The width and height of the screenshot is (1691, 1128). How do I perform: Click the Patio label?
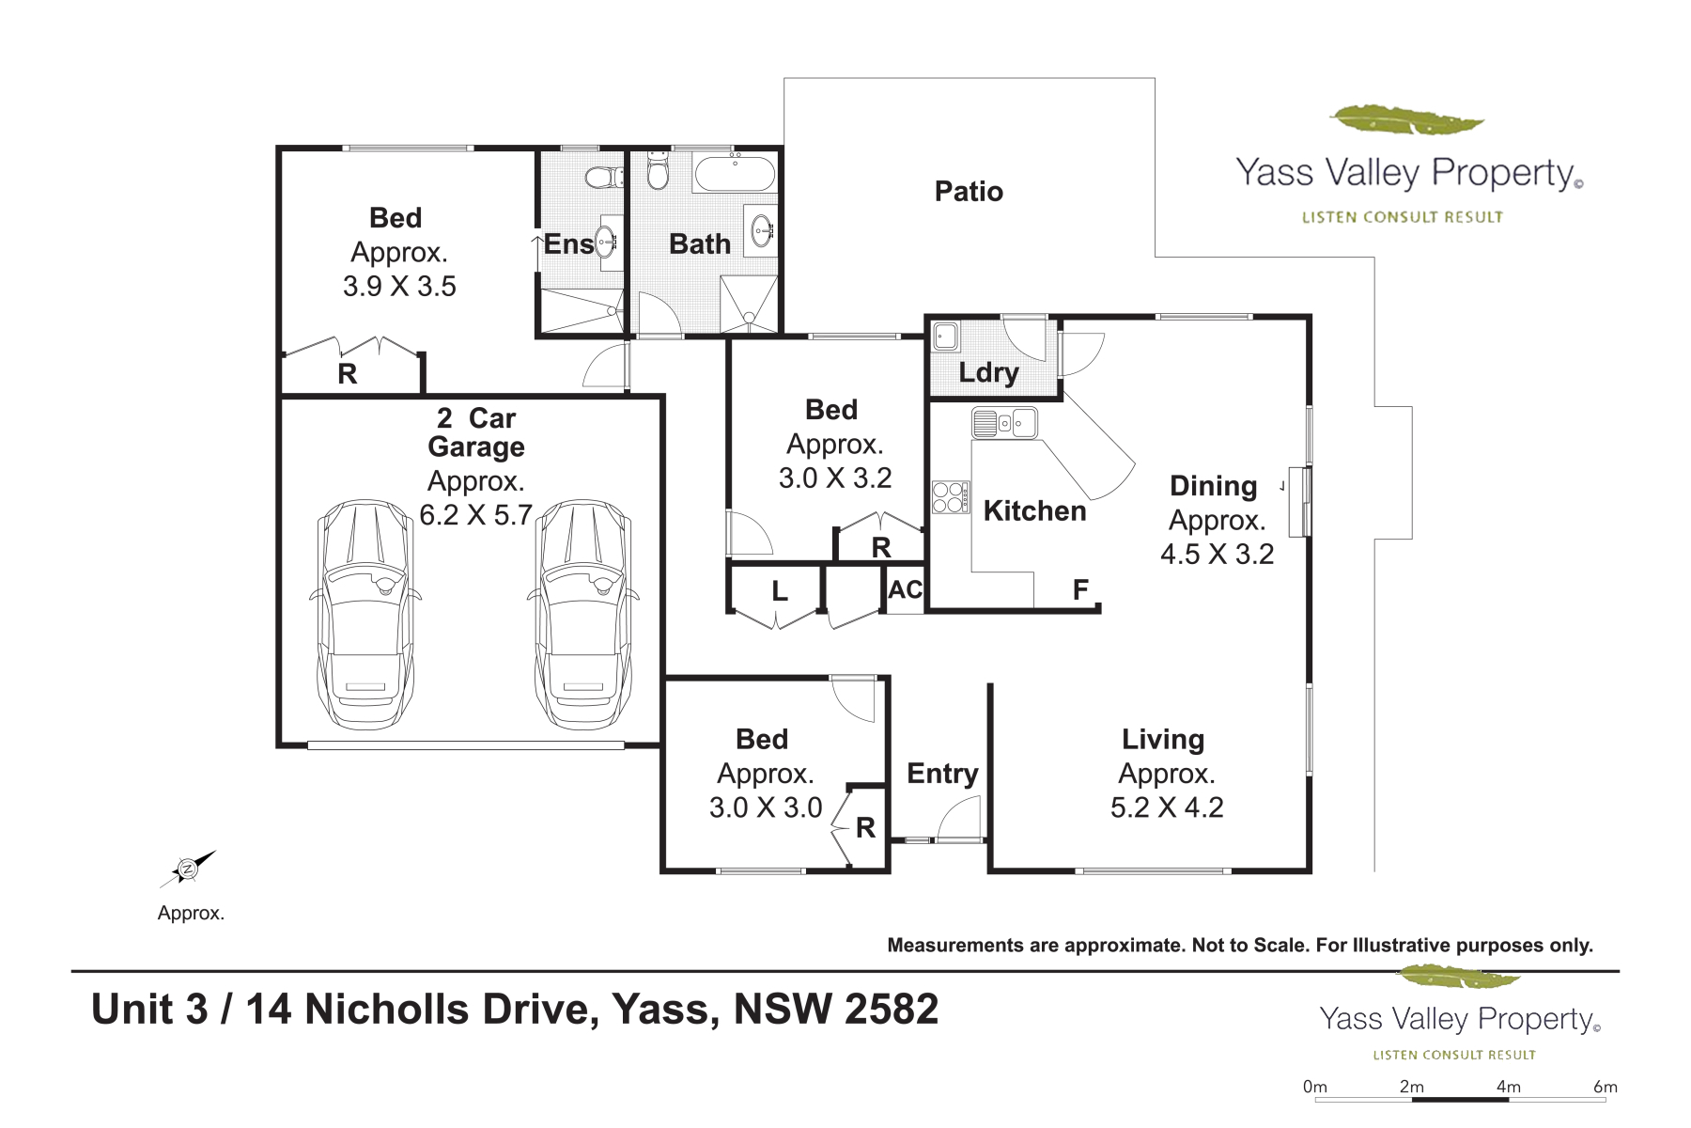(x=969, y=192)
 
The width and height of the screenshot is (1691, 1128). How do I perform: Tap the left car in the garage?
(x=365, y=615)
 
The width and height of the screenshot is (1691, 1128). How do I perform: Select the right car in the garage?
(x=583, y=615)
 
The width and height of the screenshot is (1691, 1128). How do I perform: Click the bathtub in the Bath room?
(x=735, y=174)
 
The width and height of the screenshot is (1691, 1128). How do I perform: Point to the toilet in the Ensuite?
(x=603, y=177)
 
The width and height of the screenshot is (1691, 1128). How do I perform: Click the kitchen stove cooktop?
(x=951, y=496)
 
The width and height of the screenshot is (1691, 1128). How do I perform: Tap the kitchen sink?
(x=1004, y=423)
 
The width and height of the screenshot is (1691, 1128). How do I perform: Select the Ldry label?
(x=988, y=373)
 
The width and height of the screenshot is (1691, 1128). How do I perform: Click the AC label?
(x=906, y=589)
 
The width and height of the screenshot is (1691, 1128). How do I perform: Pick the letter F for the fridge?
(x=1080, y=589)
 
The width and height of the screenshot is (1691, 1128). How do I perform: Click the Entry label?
(x=942, y=774)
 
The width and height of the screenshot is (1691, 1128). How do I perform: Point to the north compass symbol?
(x=188, y=869)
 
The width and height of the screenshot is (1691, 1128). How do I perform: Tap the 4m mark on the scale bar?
(x=1509, y=1087)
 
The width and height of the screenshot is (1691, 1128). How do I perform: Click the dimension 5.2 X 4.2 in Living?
(x=1167, y=807)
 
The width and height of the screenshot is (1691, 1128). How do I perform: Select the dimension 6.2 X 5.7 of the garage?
(x=475, y=515)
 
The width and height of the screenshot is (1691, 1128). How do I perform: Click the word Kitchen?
(x=1034, y=511)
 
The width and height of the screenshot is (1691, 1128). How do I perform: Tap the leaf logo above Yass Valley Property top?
(x=1406, y=120)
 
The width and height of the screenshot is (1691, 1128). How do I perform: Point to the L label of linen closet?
(x=780, y=591)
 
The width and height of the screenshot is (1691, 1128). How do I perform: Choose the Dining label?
(x=1213, y=487)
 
